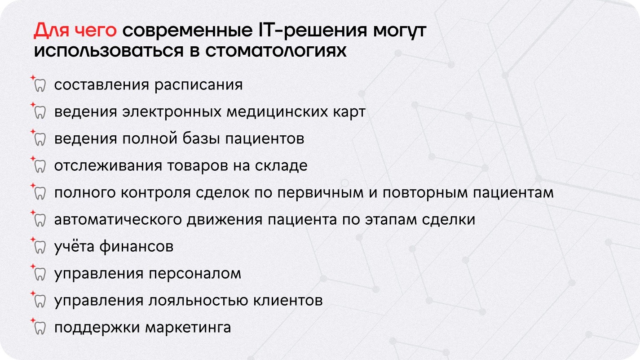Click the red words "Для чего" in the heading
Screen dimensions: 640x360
[x=75, y=30]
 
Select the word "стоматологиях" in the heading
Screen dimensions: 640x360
[x=276, y=51]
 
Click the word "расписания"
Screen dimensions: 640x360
[x=199, y=85]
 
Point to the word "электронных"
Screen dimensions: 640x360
[x=172, y=111]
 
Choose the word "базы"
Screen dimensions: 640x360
[x=201, y=138]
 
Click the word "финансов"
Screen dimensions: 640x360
[x=136, y=246]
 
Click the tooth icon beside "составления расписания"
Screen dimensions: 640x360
[x=40, y=85]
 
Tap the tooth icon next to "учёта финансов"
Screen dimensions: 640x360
[x=40, y=247]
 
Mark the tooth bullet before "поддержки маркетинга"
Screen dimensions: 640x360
[x=40, y=328]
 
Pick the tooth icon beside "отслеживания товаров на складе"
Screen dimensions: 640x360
[x=40, y=166]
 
